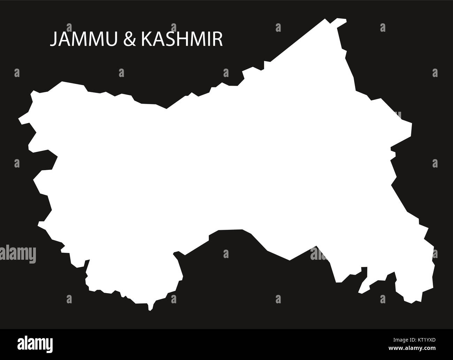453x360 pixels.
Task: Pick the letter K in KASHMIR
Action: tap(146, 39)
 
